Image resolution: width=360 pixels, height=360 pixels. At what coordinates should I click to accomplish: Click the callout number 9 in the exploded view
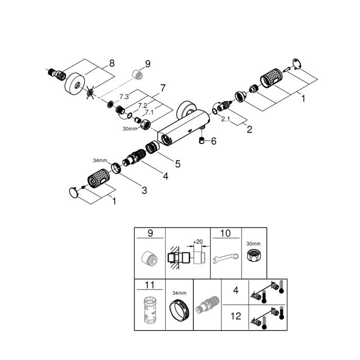tap(148, 64)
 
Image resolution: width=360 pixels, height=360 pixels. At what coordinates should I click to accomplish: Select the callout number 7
tap(163, 88)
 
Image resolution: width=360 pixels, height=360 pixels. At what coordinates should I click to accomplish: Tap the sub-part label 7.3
tap(124, 96)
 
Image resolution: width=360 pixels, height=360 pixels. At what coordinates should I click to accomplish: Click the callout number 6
tap(214, 140)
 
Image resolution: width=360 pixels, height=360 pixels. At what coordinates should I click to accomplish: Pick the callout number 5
tap(177, 164)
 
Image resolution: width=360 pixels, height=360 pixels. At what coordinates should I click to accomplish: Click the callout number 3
tap(145, 190)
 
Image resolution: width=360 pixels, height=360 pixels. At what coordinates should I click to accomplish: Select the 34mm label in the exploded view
tap(100, 160)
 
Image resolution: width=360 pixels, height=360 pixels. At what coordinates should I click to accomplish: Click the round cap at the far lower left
tap(75, 192)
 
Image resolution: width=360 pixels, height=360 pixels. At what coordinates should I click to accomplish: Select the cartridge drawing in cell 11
tap(150, 310)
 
